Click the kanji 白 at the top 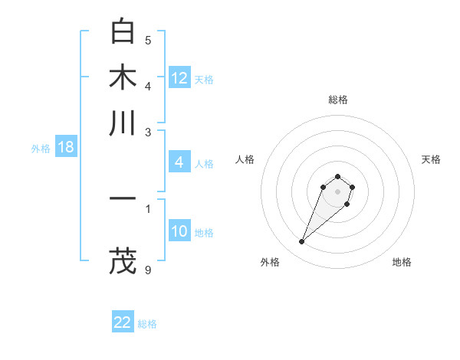[x=123, y=31]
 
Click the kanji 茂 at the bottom [x=123, y=260]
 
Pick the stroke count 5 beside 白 [x=148, y=41]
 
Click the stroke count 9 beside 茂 [x=148, y=270]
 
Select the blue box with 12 [x=179, y=78]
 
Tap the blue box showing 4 [x=179, y=162]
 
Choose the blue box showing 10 [x=179, y=231]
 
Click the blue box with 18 [x=66, y=147]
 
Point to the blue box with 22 [x=123, y=322]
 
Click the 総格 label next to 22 [x=147, y=324]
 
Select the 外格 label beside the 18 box [x=41, y=149]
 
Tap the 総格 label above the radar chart [x=337, y=100]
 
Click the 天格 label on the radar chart [x=431, y=159]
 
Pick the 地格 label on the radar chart [x=402, y=262]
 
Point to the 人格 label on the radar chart [x=245, y=159]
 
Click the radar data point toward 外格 [x=302, y=242]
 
